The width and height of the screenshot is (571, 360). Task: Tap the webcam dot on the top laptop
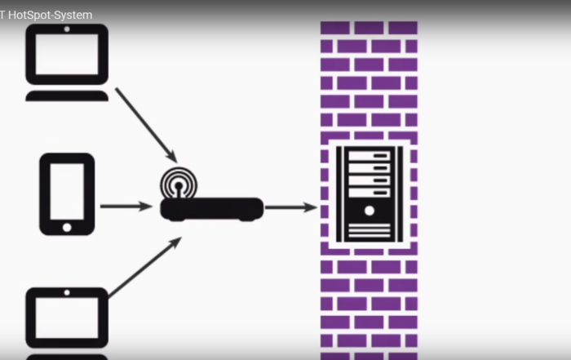tap(67, 29)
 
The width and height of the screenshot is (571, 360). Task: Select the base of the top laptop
tap(67, 96)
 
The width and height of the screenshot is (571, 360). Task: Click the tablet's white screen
tap(67, 191)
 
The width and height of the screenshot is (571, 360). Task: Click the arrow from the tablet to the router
tap(126, 207)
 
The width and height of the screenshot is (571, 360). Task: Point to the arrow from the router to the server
tap(290, 207)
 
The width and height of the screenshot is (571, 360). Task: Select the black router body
tap(211, 209)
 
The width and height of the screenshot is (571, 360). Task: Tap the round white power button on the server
tap(370, 211)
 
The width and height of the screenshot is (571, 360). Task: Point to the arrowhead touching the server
tap(311, 207)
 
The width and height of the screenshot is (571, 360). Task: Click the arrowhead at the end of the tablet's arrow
tap(147, 207)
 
